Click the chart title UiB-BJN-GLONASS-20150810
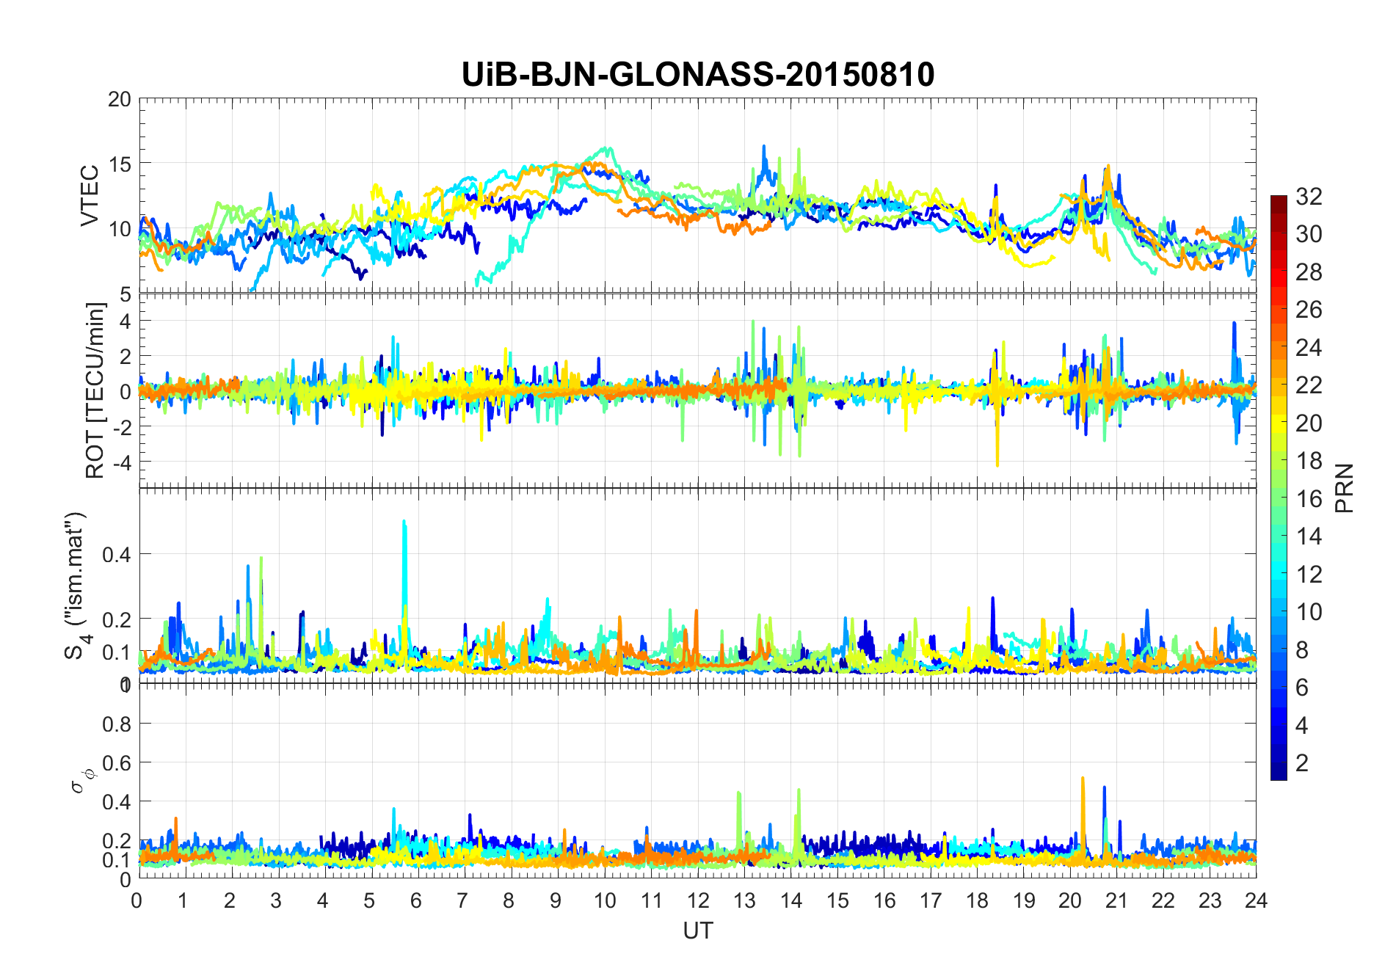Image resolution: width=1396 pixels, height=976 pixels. coord(697,75)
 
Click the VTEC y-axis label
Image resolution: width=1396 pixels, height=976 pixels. coord(90,196)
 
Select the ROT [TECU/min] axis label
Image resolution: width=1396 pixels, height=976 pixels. coord(95,390)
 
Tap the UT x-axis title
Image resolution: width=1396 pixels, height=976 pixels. coord(697,931)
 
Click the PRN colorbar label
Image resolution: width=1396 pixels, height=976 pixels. coord(1345,488)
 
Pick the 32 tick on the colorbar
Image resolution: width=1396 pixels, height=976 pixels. coord(1309,196)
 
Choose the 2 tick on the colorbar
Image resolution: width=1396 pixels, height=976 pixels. coord(1302,762)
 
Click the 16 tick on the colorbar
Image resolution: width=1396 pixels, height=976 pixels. coord(1309,498)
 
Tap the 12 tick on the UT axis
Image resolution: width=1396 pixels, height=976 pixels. coord(698,900)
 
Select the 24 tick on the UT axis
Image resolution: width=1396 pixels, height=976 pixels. coord(1256,900)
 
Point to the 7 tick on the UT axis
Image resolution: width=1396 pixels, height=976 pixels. coord(462,900)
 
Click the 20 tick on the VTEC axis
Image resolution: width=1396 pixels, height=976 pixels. coord(120,100)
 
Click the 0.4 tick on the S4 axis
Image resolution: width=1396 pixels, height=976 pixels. coord(117,554)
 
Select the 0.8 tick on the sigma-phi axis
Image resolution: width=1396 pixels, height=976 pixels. coord(117,724)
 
